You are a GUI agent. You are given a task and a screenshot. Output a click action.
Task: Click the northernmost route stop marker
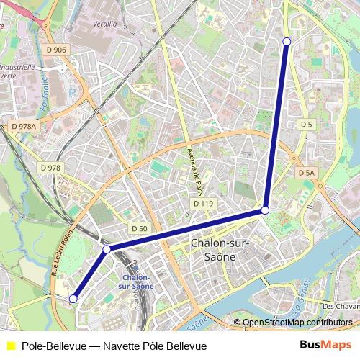[287, 41]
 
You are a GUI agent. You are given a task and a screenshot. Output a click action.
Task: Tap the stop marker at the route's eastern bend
[265, 210]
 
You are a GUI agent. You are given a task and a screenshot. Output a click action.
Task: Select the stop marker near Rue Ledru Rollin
[107, 249]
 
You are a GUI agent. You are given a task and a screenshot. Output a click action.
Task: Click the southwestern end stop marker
[73, 298]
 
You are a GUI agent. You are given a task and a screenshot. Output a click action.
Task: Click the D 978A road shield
[24, 126]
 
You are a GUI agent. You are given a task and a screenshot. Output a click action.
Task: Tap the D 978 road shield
[50, 168]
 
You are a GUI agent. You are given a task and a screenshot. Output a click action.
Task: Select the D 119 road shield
[204, 204]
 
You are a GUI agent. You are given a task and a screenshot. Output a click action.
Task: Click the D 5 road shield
[307, 125]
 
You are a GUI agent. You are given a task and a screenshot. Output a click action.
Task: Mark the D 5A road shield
[306, 173]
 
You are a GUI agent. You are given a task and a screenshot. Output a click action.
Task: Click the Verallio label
[104, 24]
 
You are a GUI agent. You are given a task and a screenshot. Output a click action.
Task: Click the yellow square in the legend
[10, 346]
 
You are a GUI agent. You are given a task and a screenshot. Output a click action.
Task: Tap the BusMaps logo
[325, 346]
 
